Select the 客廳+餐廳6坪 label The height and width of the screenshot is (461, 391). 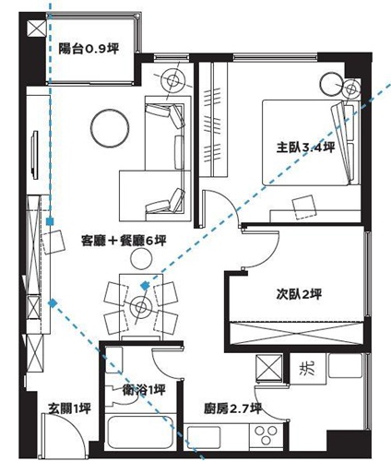tap(123, 241)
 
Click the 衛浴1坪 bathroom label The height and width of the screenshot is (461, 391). tap(144, 389)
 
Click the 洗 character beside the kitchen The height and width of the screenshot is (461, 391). tap(305, 369)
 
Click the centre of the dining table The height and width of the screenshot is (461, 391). tap(141, 305)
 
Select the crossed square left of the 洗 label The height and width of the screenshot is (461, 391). tap(269, 368)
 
